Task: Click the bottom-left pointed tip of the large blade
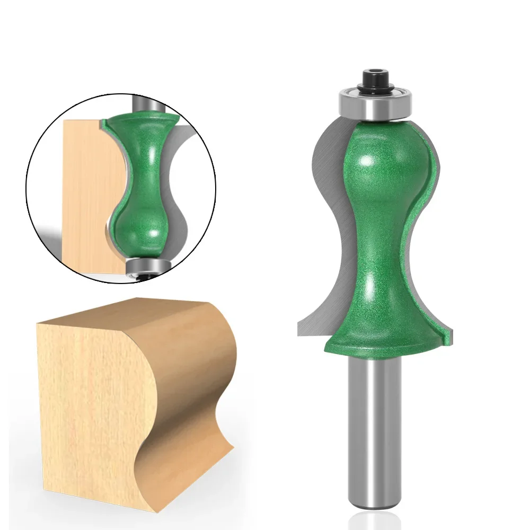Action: (298, 334)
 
